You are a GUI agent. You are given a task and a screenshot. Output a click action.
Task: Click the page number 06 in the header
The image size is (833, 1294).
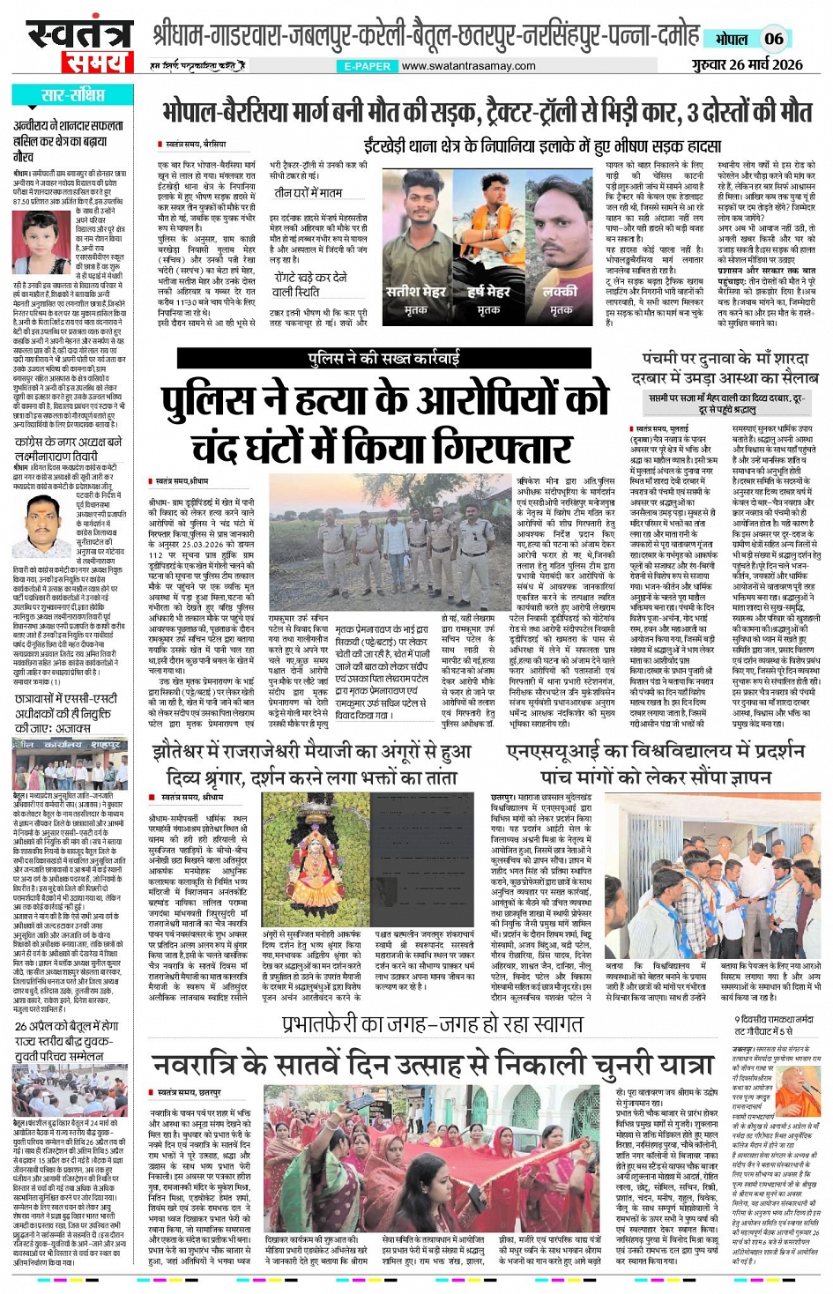[774, 39]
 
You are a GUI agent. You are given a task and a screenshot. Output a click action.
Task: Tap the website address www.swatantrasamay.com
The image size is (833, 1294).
[468, 66]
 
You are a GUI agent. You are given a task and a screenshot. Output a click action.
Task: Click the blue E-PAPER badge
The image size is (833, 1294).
[367, 66]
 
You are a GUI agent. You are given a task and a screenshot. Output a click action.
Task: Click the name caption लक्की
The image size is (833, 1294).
[560, 292]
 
